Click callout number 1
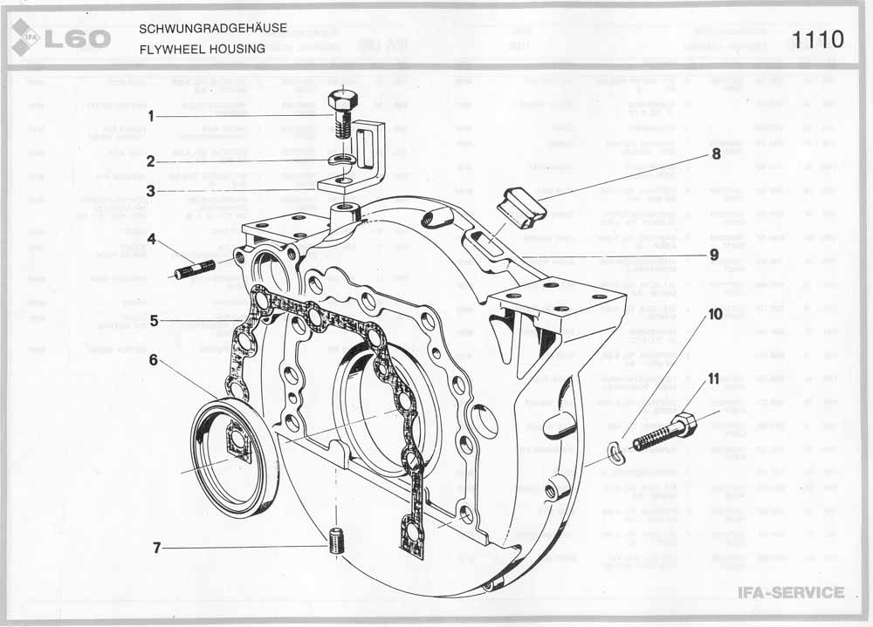150,116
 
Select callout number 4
150,237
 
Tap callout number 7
156,548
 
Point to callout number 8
715,154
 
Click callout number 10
715,313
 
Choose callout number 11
713,379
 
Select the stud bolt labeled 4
195,269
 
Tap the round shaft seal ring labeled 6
234,458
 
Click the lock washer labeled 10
616,449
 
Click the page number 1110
818,39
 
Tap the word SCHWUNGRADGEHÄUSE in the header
212,29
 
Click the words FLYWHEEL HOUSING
202,49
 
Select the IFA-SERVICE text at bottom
791,593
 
